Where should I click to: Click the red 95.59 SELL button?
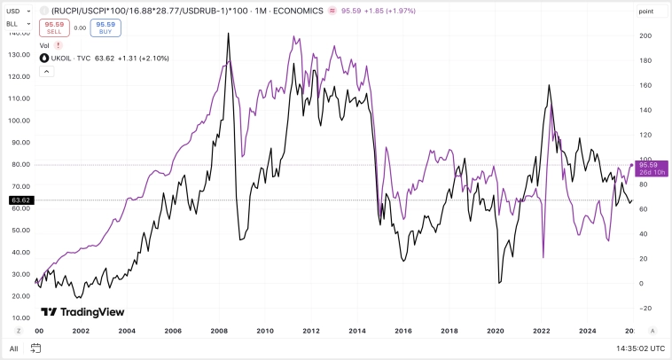54,27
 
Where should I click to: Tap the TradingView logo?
82,312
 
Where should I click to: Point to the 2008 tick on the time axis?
218,331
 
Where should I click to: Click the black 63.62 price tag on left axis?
20,200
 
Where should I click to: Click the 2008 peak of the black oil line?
229,35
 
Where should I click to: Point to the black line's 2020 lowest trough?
500,282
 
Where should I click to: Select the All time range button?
13,348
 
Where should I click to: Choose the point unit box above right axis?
646,12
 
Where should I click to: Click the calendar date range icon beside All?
36,348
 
